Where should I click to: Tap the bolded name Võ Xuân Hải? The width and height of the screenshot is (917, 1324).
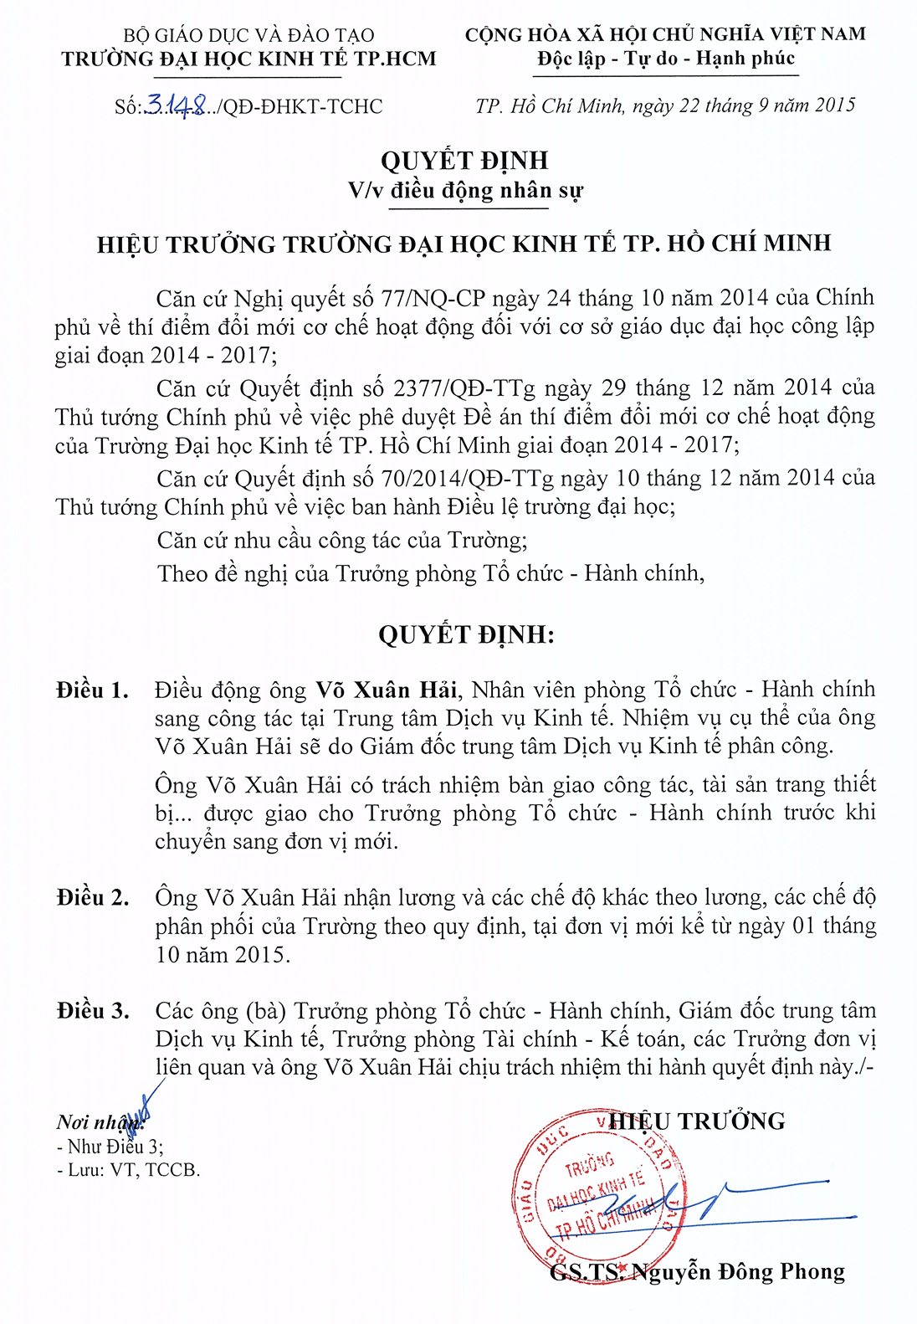[386, 690]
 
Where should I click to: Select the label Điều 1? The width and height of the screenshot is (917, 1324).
[93, 690]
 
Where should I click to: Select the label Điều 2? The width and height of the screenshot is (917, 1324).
[93, 898]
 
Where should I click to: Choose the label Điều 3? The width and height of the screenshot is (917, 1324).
[93, 1011]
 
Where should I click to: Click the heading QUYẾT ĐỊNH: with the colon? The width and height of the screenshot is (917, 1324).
[466, 634]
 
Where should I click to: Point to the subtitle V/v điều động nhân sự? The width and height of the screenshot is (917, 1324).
[465, 191]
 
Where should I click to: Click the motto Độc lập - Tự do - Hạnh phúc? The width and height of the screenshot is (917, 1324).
[666, 59]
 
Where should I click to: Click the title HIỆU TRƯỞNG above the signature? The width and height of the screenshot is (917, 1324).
[698, 1121]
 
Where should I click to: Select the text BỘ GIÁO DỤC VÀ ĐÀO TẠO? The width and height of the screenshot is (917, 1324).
[248, 35]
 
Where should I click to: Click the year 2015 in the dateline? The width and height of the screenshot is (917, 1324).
[835, 105]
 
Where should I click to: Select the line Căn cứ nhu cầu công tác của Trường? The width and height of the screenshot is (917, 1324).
[342, 540]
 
